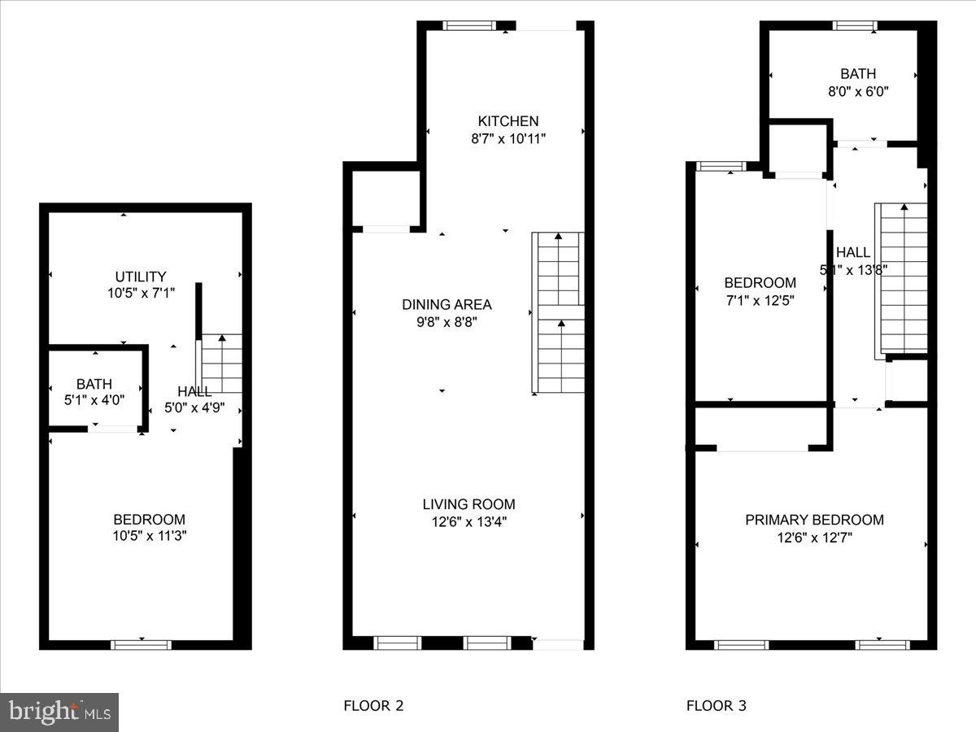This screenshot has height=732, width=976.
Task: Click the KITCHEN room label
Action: coord(508,121)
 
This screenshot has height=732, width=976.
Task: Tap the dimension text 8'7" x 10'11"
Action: coord(508,138)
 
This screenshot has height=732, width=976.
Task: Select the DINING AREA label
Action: coord(447,304)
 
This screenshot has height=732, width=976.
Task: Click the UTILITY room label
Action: coord(140,277)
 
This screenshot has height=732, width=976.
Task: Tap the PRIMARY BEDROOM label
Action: coord(814,520)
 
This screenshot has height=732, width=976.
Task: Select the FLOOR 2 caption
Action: coord(373,705)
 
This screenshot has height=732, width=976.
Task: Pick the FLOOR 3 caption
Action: coord(716,705)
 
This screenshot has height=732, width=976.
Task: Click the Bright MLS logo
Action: coord(59,712)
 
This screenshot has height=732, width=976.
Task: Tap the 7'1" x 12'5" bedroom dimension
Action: coord(760,299)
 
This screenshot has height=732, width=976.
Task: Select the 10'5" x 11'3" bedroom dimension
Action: coord(149,536)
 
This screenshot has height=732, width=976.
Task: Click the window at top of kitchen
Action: coord(469,25)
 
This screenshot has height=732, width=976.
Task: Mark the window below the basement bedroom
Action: coord(141,645)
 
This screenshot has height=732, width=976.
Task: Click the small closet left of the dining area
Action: coord(386,198)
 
